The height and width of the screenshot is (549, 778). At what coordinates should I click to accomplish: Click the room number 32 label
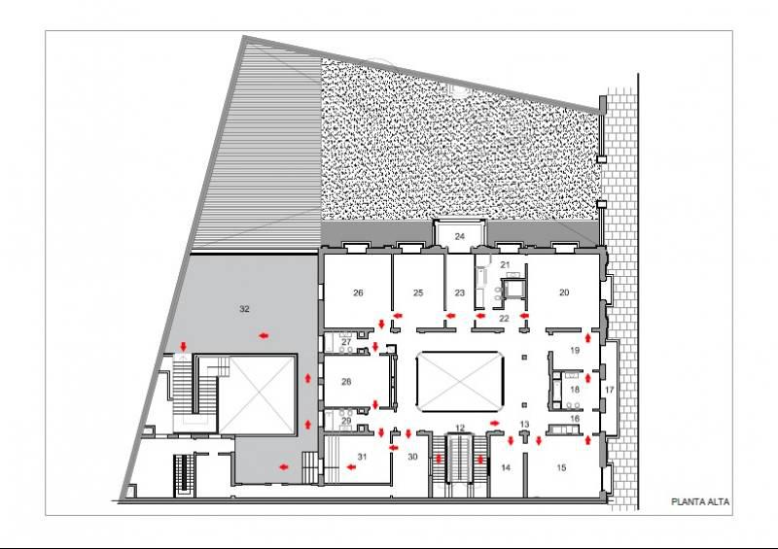click(x=244, y=309)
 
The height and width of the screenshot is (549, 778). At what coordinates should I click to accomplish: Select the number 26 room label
click(x=358, y=292)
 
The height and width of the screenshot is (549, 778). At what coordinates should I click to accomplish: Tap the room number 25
click(x=418, y=292)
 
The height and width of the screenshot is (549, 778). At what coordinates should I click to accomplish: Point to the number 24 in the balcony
click(x=459, y=236)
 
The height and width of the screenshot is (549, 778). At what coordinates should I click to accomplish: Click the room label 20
click(x=564, y=292)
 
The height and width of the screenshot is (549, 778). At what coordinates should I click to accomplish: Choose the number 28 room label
click(x=346, y=381)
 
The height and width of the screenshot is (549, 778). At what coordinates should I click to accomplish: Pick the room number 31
click(x=362, y=457)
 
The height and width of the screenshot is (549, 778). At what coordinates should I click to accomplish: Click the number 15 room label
click(x=561, y=467)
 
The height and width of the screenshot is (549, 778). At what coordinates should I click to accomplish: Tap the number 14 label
click(x=506, y=467)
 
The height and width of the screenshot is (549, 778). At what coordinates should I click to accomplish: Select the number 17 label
click(x=610, y=390)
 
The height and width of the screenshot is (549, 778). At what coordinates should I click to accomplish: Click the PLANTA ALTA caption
click(x=700, y=502)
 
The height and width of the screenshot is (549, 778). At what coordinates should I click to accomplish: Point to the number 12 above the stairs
click(x=460, y=428)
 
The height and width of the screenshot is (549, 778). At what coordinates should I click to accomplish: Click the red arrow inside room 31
click(x=351, y=466)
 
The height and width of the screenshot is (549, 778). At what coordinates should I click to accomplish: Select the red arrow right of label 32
click(x=264, y=336)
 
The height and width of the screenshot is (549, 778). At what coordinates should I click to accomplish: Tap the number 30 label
click(x=412, y=457)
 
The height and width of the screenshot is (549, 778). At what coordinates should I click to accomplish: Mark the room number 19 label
click(x=575, y=350)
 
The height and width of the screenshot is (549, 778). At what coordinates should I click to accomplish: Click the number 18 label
click(x=575, y=390)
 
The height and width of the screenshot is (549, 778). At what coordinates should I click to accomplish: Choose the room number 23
click(x=459, y=292)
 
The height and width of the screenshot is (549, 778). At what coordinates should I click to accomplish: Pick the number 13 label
click(x=524, y=424)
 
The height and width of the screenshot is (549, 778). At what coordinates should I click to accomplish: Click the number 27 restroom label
click(x=346, y=342)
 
